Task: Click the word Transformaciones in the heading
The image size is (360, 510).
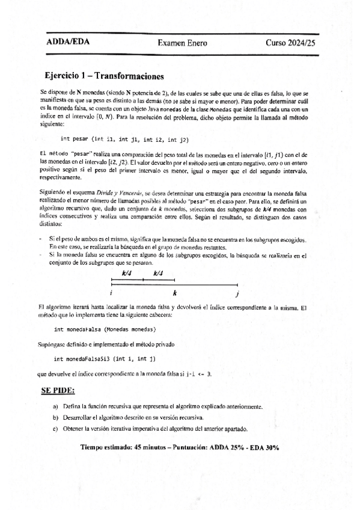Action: click(x=125, y=76)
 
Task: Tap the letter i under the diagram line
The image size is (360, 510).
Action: click(x=111, y=293)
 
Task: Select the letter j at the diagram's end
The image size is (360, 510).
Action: click(x=238, y=293)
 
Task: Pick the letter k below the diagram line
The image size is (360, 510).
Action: click(x=174, y=293)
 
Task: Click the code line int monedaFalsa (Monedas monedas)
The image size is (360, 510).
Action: click(x=105, y=329)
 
